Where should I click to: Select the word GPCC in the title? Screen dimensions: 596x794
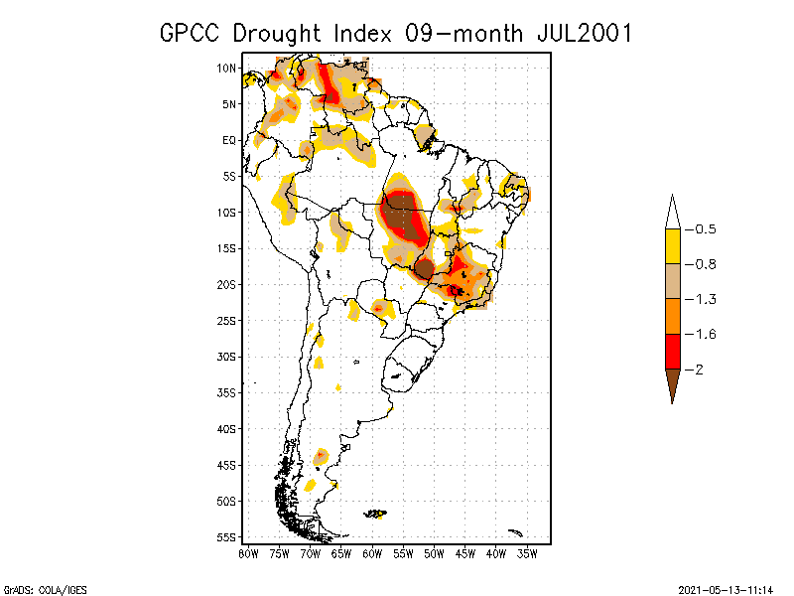point(193,33)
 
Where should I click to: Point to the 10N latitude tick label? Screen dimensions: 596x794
point(226,68)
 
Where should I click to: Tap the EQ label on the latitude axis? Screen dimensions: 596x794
point(228,140)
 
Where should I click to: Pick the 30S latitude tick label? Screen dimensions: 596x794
point(226,356)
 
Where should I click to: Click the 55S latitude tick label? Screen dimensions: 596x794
point(226,536)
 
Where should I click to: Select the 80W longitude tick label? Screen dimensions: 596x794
point(248,552)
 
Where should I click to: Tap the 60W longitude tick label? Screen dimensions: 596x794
point(372,552)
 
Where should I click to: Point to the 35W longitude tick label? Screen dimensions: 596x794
point(527,552)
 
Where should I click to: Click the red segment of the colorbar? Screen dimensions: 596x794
point(672,351)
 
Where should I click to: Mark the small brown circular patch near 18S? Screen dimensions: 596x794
point(424,268)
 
